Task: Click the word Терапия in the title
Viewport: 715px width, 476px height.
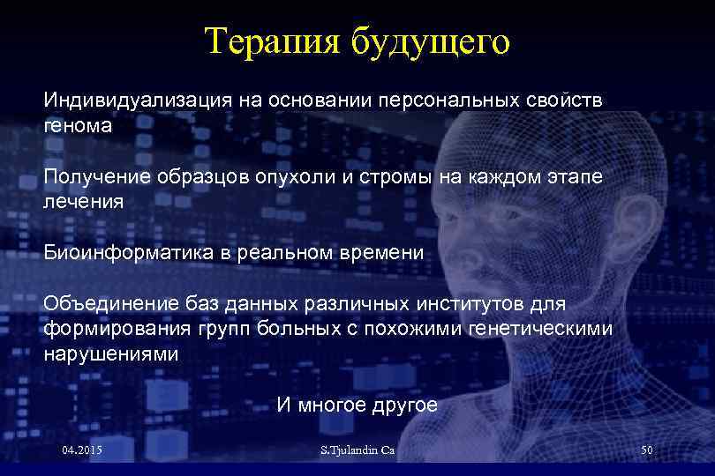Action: tap(269, 41)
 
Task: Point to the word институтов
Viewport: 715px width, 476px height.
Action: tap(471, 304)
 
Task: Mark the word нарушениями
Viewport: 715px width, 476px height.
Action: tap(110, 353)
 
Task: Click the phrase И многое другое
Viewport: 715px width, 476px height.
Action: tap(357, 405)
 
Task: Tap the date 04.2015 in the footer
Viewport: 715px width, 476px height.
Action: tap(82, 450)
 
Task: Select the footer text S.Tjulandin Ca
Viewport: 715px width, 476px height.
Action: tap(357, 451)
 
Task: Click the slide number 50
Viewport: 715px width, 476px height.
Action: tap(646, 450)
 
